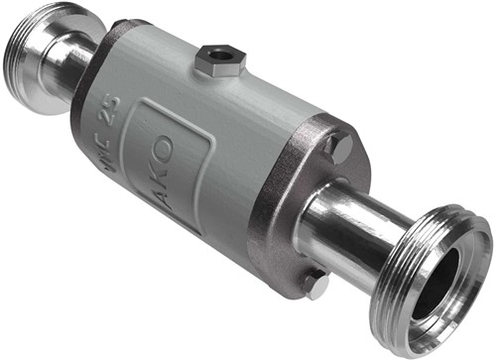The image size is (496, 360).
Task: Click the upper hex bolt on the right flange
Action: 336,149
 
